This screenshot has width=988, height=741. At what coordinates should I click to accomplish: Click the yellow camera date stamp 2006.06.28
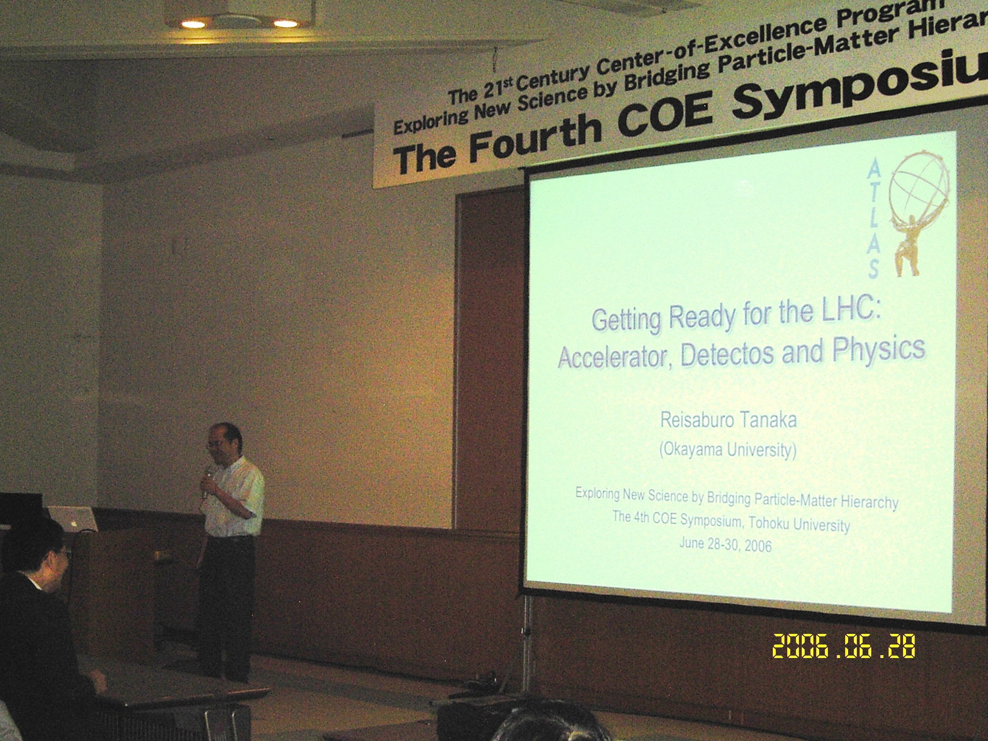pyautogui.click(x=844, y=646)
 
